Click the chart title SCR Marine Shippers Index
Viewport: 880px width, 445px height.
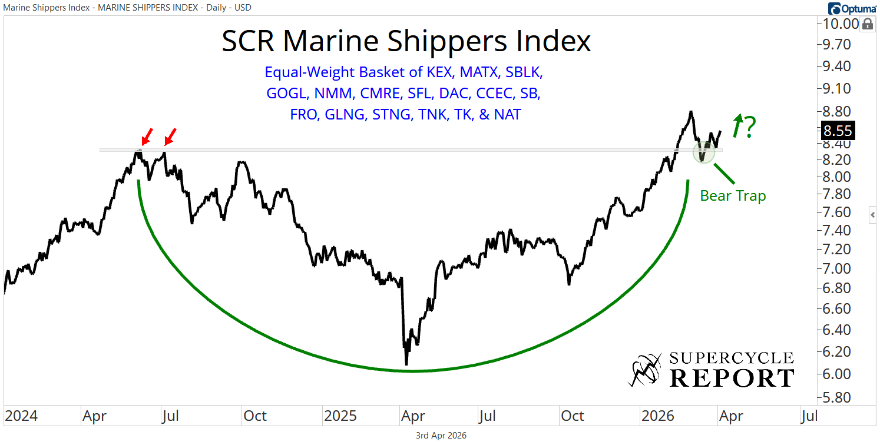pos(406,41)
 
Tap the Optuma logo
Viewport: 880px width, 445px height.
pos(852,8)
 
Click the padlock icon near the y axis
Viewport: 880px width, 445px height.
pos(867,24)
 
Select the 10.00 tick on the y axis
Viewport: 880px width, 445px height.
pos(837,24)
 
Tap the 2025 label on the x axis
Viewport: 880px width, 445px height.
pos(340,416)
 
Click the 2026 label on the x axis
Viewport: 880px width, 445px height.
pos(656,416)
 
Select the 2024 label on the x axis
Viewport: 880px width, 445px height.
pos(21,416)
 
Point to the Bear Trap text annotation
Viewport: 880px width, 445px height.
pos(733,196)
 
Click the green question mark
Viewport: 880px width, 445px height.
pos(749,128)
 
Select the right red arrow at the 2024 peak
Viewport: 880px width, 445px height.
pos(170,137)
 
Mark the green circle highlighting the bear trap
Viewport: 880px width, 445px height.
pos(703,153)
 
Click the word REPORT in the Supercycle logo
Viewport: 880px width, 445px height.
pos(732,378)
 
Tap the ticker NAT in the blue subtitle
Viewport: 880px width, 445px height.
pos(508,114)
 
